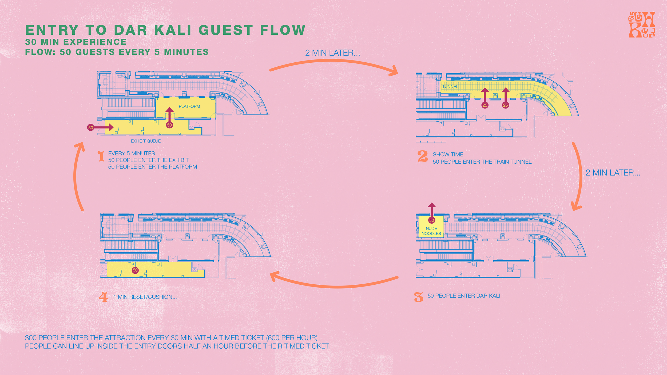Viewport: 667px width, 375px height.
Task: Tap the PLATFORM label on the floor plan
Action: click(x=189, y=106)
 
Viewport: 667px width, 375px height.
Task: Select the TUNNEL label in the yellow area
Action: click(x=450, y=87)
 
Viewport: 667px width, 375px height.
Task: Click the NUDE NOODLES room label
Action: click(x=431, y=231)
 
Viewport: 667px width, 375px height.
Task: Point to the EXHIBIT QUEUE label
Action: click(x=146, y=141)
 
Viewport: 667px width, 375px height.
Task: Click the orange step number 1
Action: click(x=101, y=156)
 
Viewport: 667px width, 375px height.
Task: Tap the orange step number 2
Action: click(x=423, y=156)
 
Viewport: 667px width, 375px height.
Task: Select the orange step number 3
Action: click(x=419, y=297)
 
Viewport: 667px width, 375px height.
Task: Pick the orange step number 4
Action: click(x=104, y=297)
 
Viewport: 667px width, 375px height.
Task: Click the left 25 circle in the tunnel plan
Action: click(x=485, y=105)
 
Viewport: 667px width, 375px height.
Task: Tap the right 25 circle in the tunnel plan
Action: click(x=506, y=105)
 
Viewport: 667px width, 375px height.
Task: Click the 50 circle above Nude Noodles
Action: click(x=432, y=220)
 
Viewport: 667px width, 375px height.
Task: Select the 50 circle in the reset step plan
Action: click(x=135, y=270)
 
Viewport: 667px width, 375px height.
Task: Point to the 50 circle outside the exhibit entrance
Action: click(x=91, y=128)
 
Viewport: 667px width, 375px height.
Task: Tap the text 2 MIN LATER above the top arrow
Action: click(x=333, y=53)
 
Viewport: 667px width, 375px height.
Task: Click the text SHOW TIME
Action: click(x=448, y=155)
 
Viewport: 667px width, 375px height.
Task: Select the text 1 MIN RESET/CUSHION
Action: click(x=145, y=297)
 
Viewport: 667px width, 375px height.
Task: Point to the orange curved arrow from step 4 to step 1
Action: click(x=75, y=176)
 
